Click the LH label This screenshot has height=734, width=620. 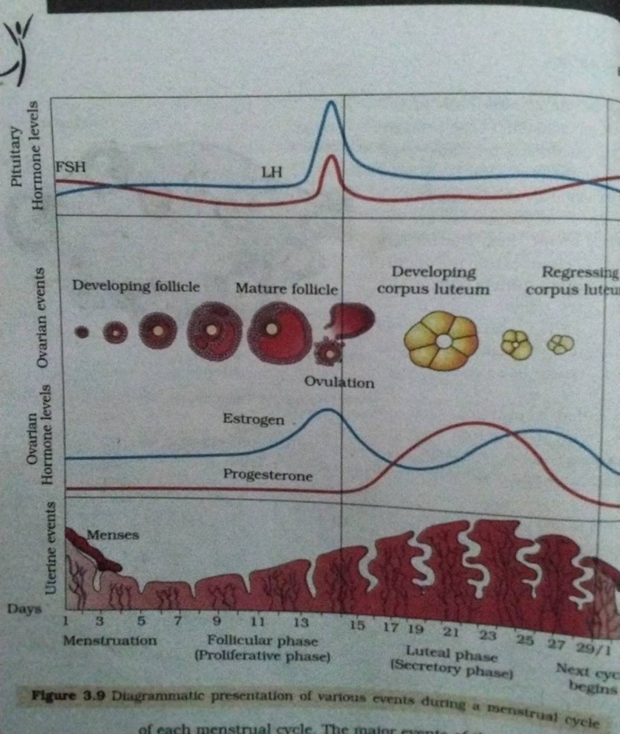click(x=271, y=173)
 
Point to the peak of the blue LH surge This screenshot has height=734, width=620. click(x=331, y=102)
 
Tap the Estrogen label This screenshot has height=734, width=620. click(x=253, y=419)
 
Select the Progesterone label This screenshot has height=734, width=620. click(x=268, y=475)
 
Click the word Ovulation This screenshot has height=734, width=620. click(x=339, y=383)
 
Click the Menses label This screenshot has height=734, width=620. click(x=113, y=535)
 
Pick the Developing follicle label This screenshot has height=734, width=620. click(x=136, y=286)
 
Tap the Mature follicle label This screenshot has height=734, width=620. click(x=286, y=288)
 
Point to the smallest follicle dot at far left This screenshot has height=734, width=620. click(x=81, y=331)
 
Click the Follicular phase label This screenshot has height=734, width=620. click(x=262, y=640)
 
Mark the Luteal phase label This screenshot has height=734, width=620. click(x=451, y=654)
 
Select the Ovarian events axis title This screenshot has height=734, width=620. click(x=41, y=317)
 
